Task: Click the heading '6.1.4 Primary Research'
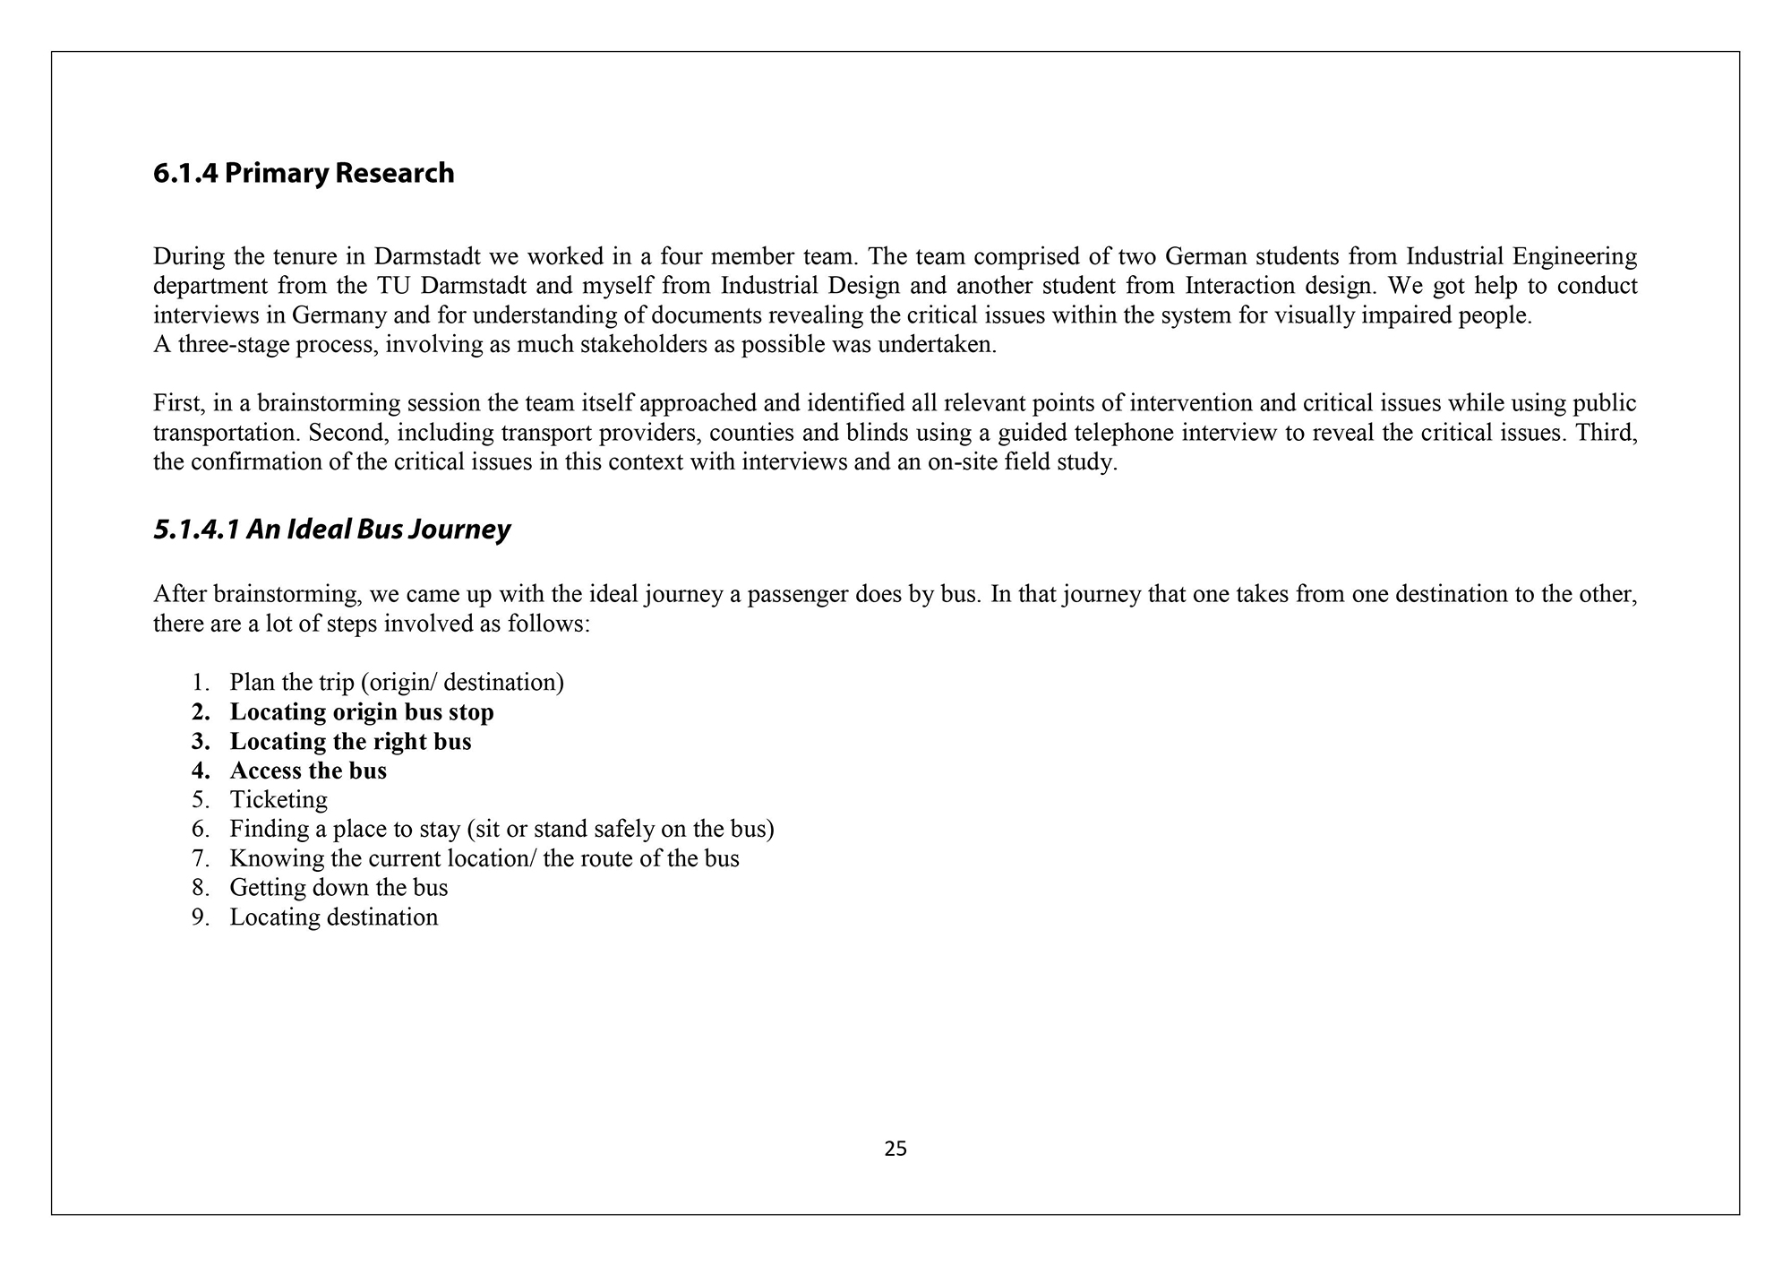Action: tap(304, 173)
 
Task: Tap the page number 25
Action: tap(895, 1149)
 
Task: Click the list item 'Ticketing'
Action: tap(279, 799)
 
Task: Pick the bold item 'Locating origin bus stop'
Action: tap(362, 712)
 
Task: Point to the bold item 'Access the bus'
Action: tap(308, 771)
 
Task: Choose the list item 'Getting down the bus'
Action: tap(338, 887)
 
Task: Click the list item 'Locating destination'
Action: tap(333, 917)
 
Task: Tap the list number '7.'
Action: tap(200, 858)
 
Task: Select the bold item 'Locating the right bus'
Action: tap(350, 742)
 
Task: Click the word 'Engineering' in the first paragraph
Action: tap(1574, 257)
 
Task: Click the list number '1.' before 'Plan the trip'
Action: tap(200, 683)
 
